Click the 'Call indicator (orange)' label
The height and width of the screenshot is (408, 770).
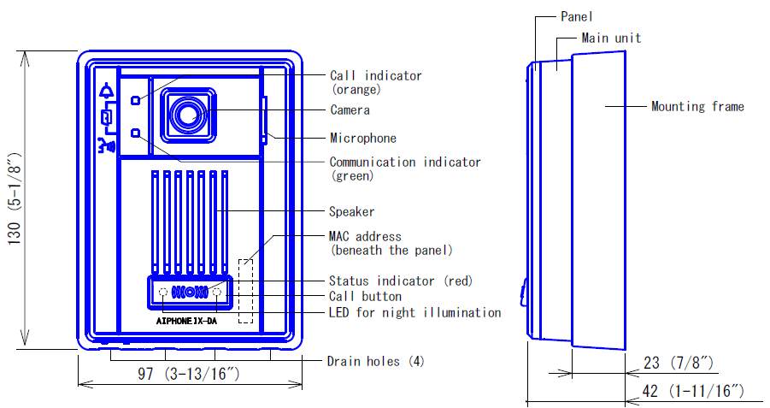pos(376,83)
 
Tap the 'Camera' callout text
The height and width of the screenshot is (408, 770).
pos(350,110)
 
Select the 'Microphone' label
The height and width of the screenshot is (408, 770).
pos(363,138)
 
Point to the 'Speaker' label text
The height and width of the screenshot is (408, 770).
pos(351,212)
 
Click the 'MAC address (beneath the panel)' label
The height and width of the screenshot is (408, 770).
pos(391,243)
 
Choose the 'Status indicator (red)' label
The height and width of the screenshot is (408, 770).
pos(401,281)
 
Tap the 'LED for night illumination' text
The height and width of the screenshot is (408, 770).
pos(415,313)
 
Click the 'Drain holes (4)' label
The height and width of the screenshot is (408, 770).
pos(376,362)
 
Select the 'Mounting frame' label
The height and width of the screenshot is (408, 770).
pos(698,107)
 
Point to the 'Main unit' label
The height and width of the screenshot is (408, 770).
pos(611,38)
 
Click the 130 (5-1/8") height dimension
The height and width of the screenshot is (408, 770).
pos(15,199)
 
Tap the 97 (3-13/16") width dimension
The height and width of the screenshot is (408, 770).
pos(189,374)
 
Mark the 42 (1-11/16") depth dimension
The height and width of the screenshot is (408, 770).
pos(693,391)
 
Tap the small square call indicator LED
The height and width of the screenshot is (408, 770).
pos(136,100)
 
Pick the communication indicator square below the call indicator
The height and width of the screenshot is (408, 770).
pos(136,133)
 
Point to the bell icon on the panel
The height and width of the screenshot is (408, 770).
pos(106,91)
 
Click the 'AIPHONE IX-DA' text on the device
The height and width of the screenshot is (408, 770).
pos(186,321)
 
